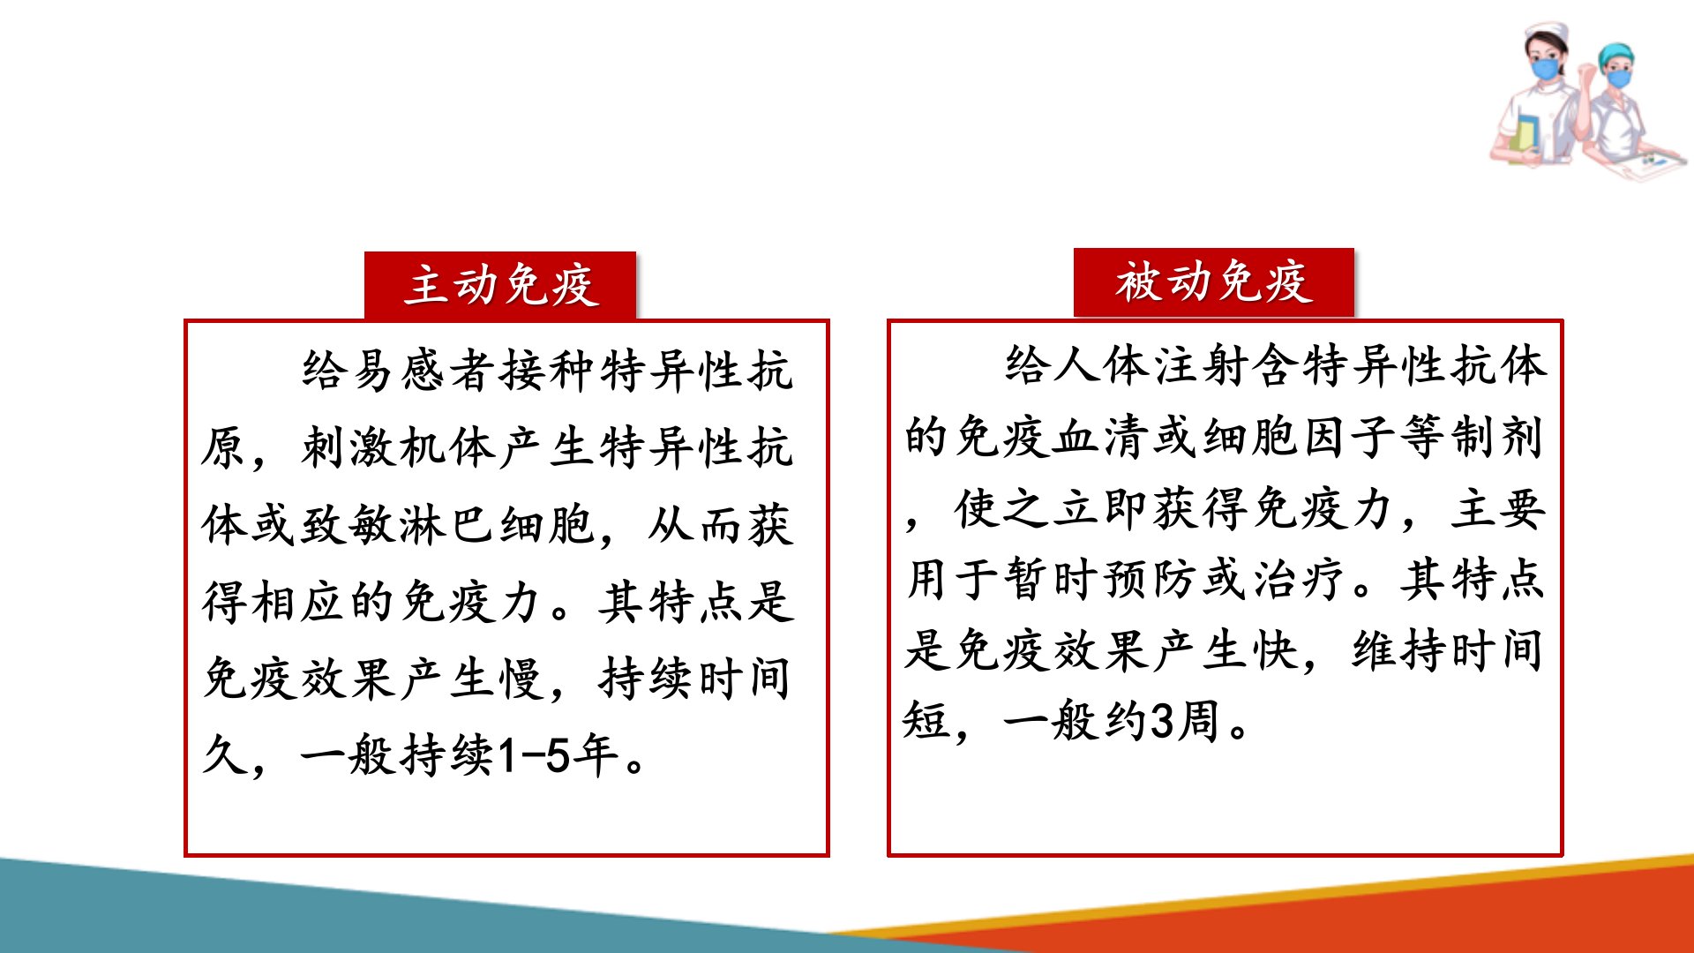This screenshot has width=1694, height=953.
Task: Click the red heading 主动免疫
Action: tap(501, 285)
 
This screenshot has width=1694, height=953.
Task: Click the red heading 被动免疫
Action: tap(1214, 282)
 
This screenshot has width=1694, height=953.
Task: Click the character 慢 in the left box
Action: tap(522, 679)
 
